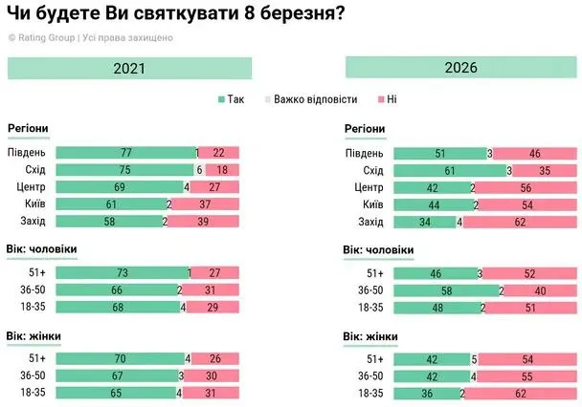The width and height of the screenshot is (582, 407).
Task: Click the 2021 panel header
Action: (129, 68)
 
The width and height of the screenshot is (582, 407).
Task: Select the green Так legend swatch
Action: (222, 99)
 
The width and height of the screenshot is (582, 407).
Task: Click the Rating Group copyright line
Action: (91, 37)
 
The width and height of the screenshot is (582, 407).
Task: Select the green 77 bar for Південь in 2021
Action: (124, 153)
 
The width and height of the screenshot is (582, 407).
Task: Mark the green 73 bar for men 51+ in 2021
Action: (122, 273)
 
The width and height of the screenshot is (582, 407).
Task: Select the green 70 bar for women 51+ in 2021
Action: (120, 358)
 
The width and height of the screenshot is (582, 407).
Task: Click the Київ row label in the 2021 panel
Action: (33, 204)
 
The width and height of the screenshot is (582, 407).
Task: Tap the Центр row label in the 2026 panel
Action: (369, 187)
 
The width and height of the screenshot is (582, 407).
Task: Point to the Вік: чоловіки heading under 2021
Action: (42, 250)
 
